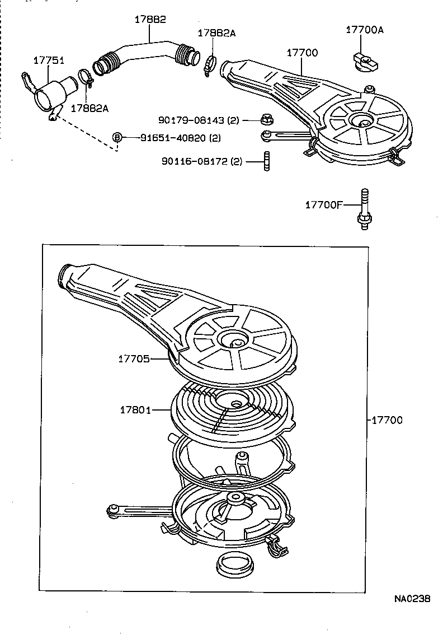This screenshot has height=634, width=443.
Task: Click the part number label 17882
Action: click(150, 19)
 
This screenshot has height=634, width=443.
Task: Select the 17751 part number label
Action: click(49, 59)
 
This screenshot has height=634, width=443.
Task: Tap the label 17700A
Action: click(365, 30)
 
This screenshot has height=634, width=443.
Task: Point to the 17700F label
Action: click(323, 205)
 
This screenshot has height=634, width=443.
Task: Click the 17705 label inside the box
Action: click(134, 358)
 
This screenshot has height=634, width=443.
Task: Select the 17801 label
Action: click(135, 409)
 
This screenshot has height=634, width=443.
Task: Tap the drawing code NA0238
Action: click(412, 599)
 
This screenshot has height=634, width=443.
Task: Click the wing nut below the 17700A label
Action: click(364, 59)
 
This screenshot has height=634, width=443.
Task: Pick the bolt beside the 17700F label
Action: click(364, 208)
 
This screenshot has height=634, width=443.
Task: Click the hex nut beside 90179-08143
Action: click(266, 119)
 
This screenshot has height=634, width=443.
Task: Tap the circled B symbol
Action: click(117, 137)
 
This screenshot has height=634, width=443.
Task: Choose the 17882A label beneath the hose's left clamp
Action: click(89, 108)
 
